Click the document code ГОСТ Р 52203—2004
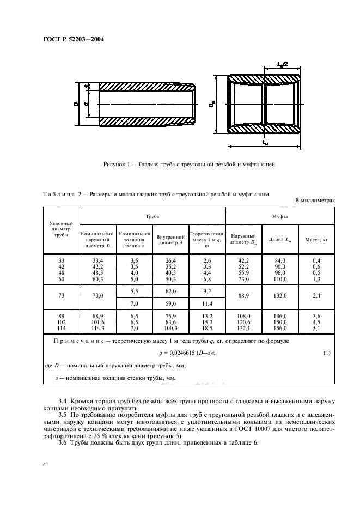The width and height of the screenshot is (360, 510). (73, 39)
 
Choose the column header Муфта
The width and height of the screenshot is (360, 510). (280, 216)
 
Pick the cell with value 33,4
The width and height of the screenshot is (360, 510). (98, 260)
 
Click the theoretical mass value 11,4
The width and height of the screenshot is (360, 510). (207, 303)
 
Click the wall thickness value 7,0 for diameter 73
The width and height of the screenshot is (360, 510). (135, 303)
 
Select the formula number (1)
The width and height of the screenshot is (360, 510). (327, 353)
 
